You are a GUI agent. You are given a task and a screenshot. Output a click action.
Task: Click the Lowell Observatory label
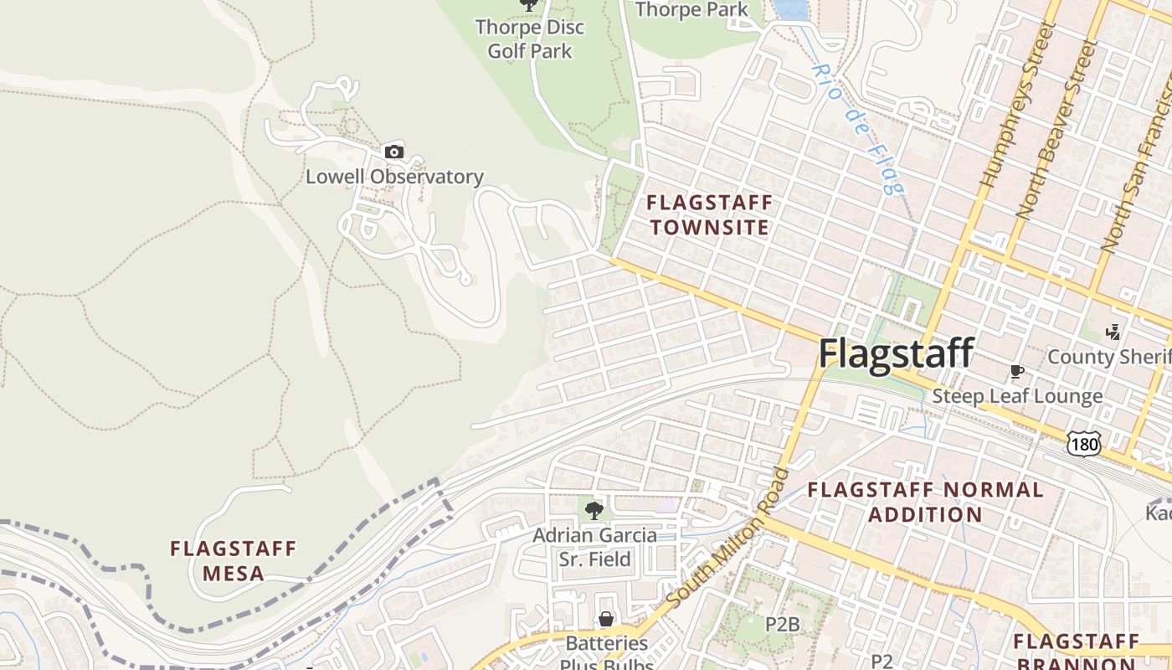(394, 177)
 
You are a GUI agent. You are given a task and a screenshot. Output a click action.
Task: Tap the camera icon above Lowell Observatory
(393, 152)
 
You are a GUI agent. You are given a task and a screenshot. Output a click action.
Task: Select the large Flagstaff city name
(896, 353)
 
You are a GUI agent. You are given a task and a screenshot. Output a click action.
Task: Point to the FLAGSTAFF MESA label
(233, 561)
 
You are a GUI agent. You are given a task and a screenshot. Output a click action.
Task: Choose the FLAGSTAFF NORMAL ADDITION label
(925, 502)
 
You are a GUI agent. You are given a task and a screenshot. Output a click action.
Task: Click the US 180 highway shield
(1084, 444)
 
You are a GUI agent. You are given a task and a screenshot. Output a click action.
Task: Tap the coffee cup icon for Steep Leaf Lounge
(1017, 371)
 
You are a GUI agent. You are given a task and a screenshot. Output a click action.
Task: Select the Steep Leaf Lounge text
(1017, 396)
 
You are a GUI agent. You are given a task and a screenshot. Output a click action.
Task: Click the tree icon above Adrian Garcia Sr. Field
(594, 510)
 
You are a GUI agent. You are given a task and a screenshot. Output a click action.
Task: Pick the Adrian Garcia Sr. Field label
(594, 547)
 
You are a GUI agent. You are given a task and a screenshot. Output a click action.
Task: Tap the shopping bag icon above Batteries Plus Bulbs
(606, 619)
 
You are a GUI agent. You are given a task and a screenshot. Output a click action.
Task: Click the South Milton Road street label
(729, 538)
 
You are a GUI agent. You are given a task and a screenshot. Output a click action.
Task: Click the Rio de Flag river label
(858, 130)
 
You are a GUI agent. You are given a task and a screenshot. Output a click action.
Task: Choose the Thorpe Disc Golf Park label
(530, 39)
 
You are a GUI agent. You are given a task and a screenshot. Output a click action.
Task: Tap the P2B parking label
(784, 624)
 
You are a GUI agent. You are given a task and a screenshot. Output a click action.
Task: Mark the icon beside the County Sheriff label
(1113, 332)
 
